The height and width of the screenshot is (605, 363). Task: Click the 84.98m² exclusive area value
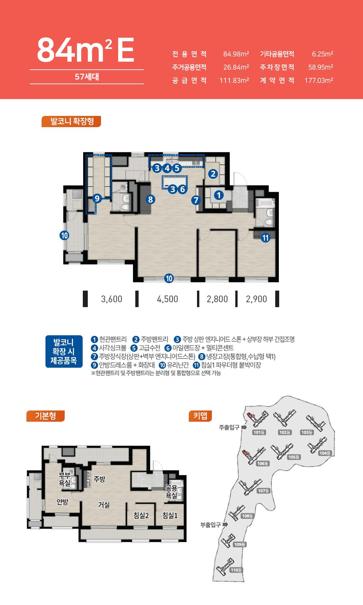click(236, 54)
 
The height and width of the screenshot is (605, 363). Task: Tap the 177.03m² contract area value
click(319, 80)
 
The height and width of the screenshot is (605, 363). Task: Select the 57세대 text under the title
click(87, 77)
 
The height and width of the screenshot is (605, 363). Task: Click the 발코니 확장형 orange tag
click(71, 121)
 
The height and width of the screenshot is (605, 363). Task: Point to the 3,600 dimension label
click(112, 299)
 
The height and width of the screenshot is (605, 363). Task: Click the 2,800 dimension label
click(217, 299)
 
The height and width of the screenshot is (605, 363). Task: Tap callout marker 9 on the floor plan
click(97, 198)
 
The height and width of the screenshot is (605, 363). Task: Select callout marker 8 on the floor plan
click(150, 199)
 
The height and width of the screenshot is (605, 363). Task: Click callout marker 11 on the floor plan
click(266, 238)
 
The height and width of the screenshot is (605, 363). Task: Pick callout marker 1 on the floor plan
click(218, 195)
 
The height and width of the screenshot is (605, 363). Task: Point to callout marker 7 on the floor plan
click(196, 200)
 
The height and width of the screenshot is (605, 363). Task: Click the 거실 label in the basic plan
click(104, 505)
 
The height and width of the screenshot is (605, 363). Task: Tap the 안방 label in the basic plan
click(62, 502)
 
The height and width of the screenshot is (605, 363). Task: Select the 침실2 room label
click(141, 515)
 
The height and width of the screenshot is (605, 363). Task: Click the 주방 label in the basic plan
click(99, 479)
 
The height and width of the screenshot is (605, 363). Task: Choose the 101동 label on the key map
click(259, 432)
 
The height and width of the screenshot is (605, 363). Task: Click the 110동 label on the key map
click(236, 570)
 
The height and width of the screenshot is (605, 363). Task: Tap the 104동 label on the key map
click(325, 453)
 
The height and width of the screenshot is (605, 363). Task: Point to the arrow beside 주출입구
click(244, 427)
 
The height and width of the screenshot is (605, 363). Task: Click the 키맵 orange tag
click(200, 416)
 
